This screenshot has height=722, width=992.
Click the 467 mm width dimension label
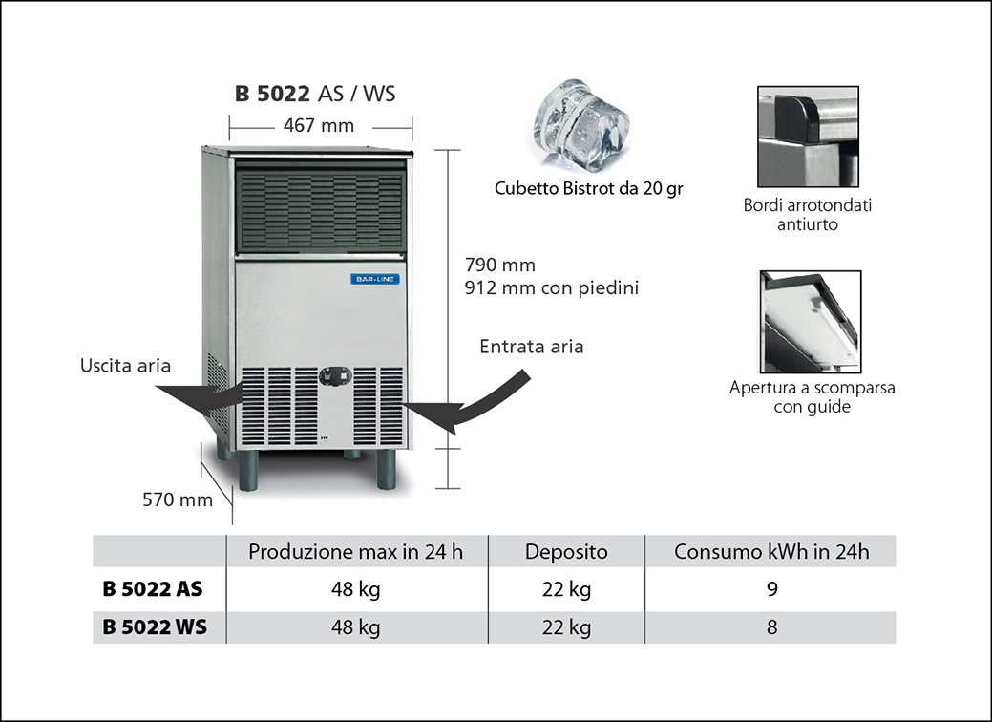pos(319,125)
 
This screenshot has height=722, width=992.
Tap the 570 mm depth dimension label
pos(178,499)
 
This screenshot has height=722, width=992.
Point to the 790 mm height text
pos(500,265)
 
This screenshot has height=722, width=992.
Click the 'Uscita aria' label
pos(126,366)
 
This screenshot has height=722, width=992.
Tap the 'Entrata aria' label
pos(532,347)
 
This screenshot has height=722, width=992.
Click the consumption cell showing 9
pos(771,589)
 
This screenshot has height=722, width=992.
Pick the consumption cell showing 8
pos(771,627)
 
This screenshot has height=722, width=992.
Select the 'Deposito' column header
pos(566,552)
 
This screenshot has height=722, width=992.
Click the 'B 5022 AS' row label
pos(153,589)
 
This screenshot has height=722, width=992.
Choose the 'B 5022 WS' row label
pos(154,627)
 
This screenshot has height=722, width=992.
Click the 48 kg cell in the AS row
pos(356,589)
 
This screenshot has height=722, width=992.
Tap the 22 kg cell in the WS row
pos(566,627)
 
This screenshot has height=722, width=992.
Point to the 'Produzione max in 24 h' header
pos(356,552)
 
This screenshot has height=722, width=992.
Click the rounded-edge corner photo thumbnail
pos(808,137)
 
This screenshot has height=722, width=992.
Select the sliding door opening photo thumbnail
pos(811,322)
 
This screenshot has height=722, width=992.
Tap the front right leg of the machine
pos(386,469)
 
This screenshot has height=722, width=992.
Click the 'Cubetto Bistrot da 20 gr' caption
pos(588,189)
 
